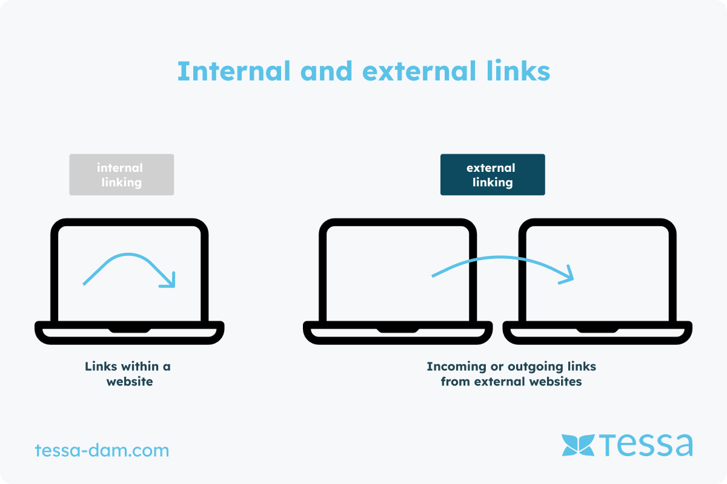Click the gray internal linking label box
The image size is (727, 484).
121,175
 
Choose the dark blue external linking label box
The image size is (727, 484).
492,175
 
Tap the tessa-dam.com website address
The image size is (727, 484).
102,451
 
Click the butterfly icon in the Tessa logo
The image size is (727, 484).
578,445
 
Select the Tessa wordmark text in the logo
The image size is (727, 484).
647,445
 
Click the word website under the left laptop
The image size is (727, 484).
129,382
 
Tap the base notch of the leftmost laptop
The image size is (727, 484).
130,329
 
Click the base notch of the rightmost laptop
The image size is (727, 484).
597,329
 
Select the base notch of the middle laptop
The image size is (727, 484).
398,329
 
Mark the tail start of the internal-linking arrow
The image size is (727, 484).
85,283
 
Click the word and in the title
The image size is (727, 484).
327,72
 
